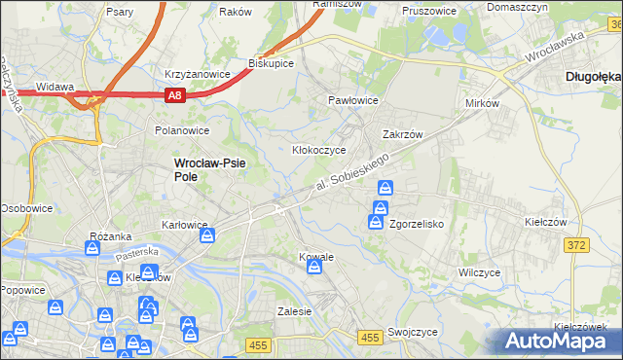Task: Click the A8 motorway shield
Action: [x=174, y=95]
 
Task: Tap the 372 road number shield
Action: [x=575, y=245]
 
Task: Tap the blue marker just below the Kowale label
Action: [x=313, y=275]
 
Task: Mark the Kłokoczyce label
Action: [x=319, y=151]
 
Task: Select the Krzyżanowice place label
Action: [x=198, y=74]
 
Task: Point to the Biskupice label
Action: [x=272, y=62]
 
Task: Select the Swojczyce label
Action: [x=412, y=332]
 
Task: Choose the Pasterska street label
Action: [x=136, y=254]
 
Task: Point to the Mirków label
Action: [x=482, y=102]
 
